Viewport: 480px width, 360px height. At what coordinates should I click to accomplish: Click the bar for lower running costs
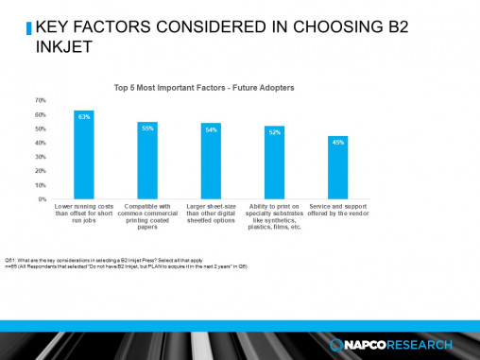(84, 155)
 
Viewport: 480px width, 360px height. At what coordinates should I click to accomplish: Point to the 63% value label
(84, 116)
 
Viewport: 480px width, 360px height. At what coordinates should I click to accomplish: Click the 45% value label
(337, 142)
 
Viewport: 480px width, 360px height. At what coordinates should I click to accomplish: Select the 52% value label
(274, 131)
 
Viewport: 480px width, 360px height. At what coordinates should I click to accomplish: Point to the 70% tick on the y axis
(41, 99)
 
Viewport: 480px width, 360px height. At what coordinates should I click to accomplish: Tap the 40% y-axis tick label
(41, 143)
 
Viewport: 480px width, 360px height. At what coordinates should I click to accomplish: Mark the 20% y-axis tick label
(41, 171)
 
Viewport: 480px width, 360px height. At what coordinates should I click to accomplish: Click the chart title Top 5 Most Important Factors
(204, 88)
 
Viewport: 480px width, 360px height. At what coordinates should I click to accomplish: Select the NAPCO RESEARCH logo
(394, 343)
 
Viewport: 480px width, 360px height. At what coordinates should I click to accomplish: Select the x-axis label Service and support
(337, 210)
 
